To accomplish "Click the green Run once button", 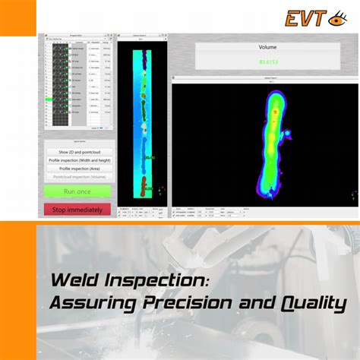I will (x=77, y=191).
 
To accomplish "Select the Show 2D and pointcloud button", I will (x=77, y=152).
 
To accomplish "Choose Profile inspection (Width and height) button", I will (x=77, y=160).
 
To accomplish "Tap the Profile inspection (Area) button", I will (x=77, y=169).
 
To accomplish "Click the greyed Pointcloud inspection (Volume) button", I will (x=77, y=177).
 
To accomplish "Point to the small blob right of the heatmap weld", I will (x=289, y=137).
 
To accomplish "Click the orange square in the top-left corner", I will (x=17, y=17).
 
